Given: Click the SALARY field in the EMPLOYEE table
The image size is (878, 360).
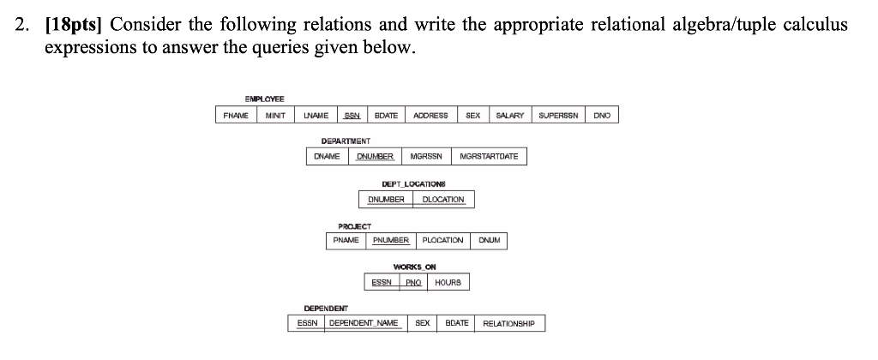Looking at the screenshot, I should click(510, 115).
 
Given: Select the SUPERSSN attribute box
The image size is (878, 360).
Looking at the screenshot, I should click(560, 115).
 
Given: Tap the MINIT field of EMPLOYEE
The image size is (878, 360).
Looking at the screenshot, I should click(274, 115).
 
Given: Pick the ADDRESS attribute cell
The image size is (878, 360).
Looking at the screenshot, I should click(430, 115).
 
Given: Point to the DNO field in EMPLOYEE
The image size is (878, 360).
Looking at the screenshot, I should click(602, 115).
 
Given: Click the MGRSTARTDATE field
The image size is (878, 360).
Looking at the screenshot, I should click(490, 157).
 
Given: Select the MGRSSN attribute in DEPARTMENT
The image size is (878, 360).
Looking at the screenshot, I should click(426, 157).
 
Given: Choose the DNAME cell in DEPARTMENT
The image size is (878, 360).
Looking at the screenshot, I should click(327, 157).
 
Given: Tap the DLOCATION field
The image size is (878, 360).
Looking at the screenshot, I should click(443, 200).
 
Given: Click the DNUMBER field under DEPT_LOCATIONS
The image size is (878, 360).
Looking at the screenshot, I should click(386, 200).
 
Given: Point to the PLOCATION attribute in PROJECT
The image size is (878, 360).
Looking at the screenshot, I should click(442, 241).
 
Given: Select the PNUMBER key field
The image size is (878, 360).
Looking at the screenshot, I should click(391, 241).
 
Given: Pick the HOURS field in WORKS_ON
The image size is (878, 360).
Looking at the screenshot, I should click(448, 282).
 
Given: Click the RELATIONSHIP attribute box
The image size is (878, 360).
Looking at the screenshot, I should click(508, 323).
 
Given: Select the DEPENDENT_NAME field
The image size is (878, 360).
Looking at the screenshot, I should click(364, 323).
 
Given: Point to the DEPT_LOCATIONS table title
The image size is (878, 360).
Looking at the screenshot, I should click(414, 184).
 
